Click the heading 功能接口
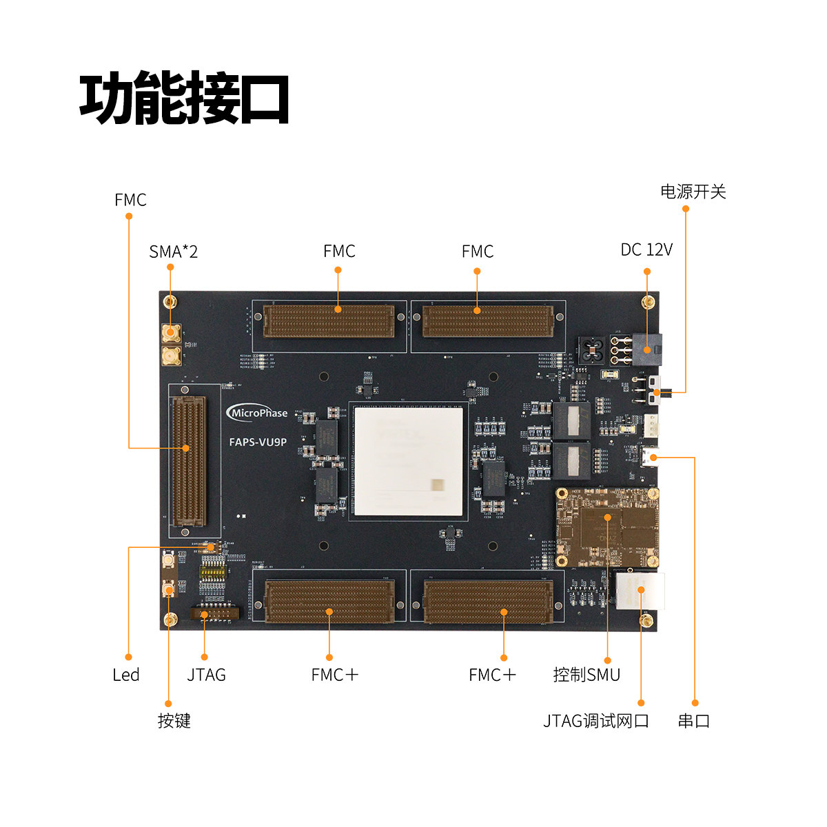[x=184, y=99]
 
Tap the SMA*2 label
[x=173, y=252]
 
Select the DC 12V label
[x=646, y=249]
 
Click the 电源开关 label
[x=693, y=192]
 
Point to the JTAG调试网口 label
[x=596, y=721]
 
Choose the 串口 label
[x=694, y=721]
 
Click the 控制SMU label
[x=586, y=675]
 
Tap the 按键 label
[x=174, y=721]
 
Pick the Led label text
[x=126, y=675]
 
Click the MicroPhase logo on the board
[x=257, y=413]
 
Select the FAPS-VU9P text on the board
[x=258, y=442]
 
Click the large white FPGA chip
[x=409, y=460]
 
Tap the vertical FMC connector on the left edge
[x=188, y=461]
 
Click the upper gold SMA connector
[x=170, y=334]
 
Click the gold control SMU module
[x=607, y=528]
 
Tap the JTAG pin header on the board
[x=213, y=613]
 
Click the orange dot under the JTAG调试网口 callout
[x=641, y=703]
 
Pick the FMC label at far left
[x=130, y=200]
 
